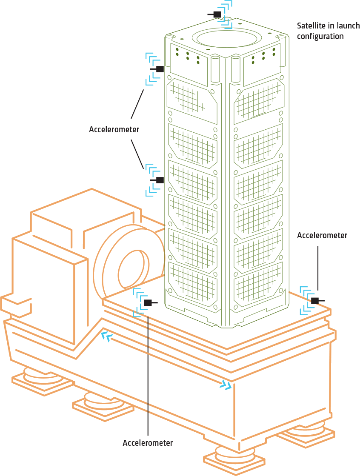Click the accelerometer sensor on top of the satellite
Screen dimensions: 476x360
point(217,14)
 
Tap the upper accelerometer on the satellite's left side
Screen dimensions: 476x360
point(160,69)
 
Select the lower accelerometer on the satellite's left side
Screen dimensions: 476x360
point(160,180)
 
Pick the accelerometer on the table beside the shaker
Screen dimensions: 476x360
point(148,303)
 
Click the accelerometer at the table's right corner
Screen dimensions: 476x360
point(314,301)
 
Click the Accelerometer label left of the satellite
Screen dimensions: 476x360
point(114,129)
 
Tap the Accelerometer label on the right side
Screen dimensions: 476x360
point(322,235)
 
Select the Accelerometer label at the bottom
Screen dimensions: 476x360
point(148,443)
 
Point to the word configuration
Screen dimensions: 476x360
point(320,37)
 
